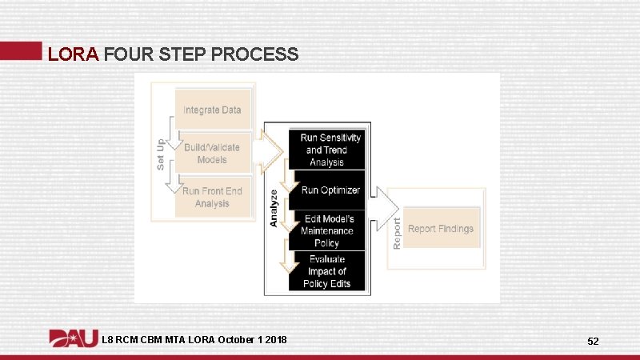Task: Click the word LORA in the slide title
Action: pyautogui.click(x=73, y=54)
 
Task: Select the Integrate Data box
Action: pyautogui.click(x=212, y=110)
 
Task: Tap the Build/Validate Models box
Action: pyautogui.click(x=212, y=154)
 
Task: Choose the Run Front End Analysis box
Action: pyautogui.click(x=212, y=198)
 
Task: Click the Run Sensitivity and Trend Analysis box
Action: pyautogui.click(x=330, y=150)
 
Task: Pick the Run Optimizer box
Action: pyautogui.click(x=330, y=190)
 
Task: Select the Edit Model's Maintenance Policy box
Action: pyautogui.click(x=326, y=231)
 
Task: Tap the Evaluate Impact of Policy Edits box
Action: pyautogui.click(x=326, y=271)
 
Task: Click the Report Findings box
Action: pyautogui.click(x=441, y=229)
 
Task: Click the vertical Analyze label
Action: pyautogui.click(x=274, y=207)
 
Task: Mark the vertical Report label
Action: pyautogui.click(x=397, y=227)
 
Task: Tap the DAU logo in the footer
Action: pyautogui.click(x=74, y=339)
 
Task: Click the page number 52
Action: pyautogui.click(x=593, y=342)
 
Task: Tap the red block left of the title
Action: pyautogui.click(x=20, y=50)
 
